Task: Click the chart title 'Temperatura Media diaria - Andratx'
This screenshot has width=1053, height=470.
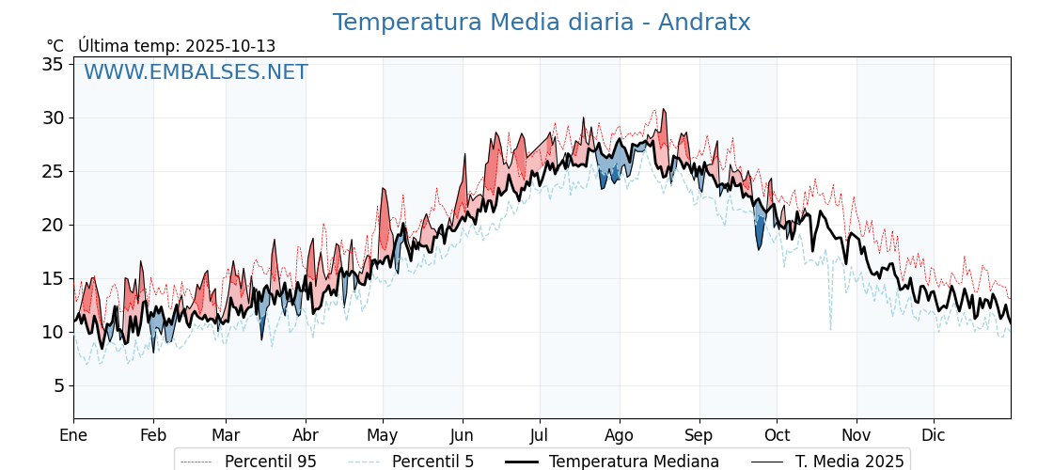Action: (542, 23)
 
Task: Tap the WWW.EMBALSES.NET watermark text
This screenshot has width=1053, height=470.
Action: (196, 72)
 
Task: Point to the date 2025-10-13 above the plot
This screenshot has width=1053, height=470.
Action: (230, 46)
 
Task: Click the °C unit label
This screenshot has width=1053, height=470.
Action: (55, 46)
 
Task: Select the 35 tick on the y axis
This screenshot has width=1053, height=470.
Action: (52, 64)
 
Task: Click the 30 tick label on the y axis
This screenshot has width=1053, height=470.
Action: (52, 117)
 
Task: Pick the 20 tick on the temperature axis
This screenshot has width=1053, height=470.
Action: (52, 225)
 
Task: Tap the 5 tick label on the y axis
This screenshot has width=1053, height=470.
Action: (57, 385)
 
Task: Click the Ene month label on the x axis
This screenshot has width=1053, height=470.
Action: (73, 435)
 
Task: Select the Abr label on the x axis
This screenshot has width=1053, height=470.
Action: (306, 435)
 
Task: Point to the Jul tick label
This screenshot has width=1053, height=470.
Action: (540, 435)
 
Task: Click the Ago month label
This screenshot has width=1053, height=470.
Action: (620, 435)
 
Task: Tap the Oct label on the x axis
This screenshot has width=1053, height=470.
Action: (777, 435)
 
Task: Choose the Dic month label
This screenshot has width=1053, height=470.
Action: (934, 435)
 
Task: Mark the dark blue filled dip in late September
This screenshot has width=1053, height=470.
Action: (760, 233)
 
